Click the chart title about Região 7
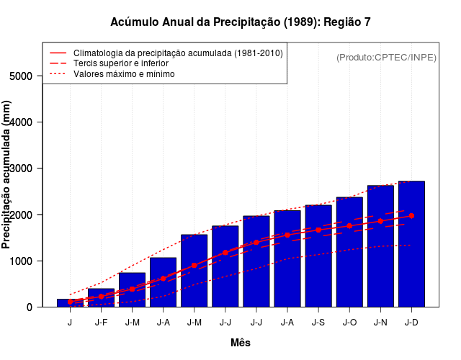[241, 22]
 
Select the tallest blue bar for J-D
[411, 245]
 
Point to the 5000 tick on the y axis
[22, 76]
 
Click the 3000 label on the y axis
[22, 168]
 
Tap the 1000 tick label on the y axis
[22, 261]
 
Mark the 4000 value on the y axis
[22, 122]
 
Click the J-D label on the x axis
[411, 322]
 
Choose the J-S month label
[318, 322]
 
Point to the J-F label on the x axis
[101, 322]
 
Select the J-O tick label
[349, 322]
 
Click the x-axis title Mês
[241, 343]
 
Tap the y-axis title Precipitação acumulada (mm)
[7, 175]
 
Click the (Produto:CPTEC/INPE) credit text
[386, 57]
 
